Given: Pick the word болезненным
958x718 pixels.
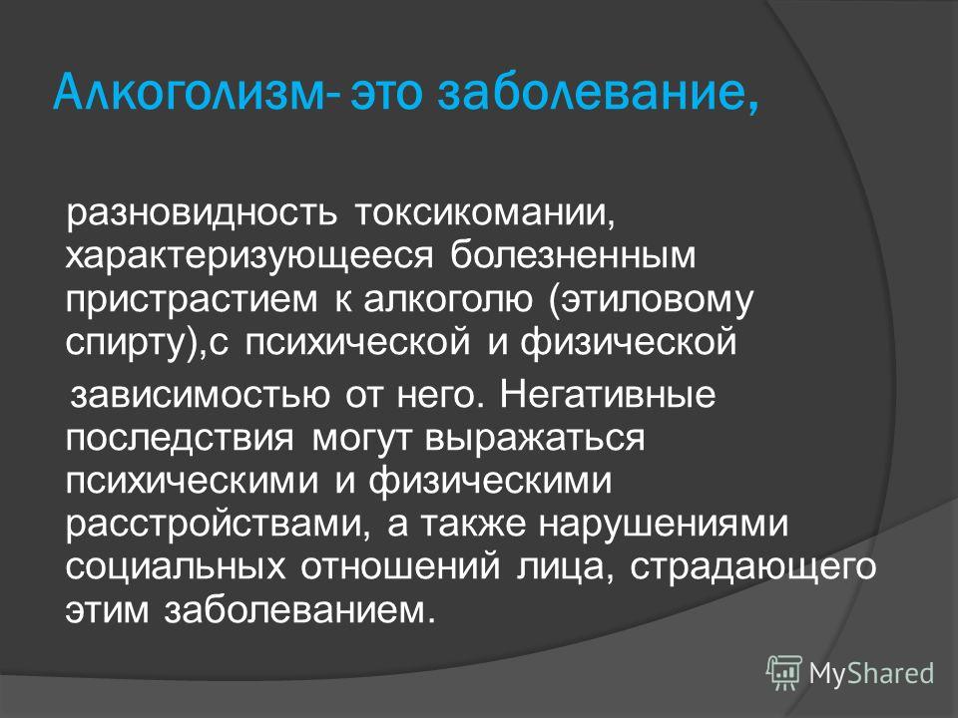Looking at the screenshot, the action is (573, 255).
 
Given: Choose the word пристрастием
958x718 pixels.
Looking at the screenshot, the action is (192, 300).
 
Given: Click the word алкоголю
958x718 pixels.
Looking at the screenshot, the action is (448, 299).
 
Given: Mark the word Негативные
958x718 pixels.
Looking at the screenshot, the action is (608, 394).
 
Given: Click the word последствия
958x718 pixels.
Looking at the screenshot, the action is (180, 439).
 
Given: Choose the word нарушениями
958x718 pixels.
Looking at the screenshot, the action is (664, 525).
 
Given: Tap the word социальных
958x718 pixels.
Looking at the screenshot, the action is (175, 567).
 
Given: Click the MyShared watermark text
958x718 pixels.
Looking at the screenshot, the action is (872, 673).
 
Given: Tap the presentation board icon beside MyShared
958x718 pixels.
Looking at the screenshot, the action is (784, 673).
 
